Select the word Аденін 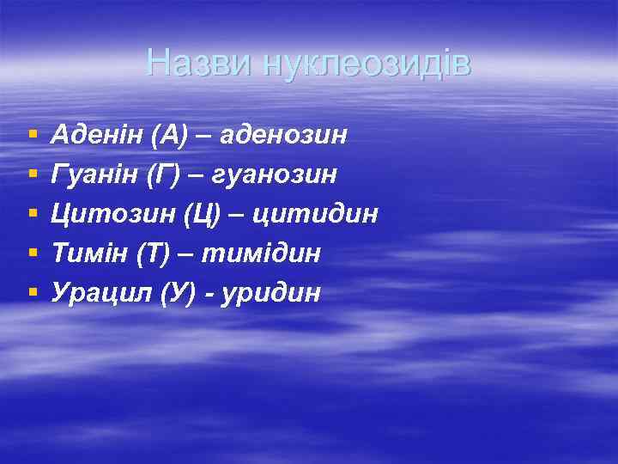coord(97,135)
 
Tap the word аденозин coord(284,135)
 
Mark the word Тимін coord(88,253)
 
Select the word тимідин coord(271,253)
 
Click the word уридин coord(271,293)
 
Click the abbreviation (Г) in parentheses coord(164,174)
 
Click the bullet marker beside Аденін coord(33,135)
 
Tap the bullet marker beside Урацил coord(33,293)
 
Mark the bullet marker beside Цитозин coord(33,214)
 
